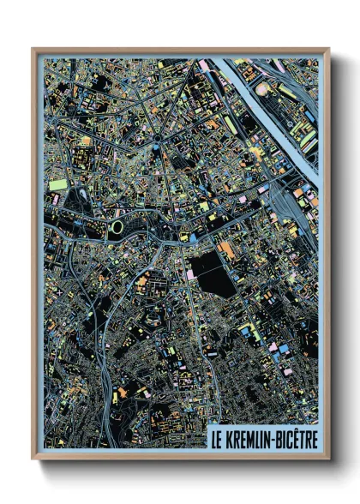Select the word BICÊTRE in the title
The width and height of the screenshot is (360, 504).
(x=297, y=438)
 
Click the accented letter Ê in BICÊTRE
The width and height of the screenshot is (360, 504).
(x=297, y=437)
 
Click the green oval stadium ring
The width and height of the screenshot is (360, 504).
(x=117, y=227)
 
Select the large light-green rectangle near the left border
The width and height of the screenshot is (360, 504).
(x=57, y=184)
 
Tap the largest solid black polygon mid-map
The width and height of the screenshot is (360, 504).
(x=213, y=273)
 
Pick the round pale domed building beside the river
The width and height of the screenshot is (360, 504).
(x=261, y=87)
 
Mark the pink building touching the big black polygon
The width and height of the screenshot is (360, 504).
(x=189, y=274)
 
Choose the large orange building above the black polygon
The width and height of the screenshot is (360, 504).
(x=227, y=250)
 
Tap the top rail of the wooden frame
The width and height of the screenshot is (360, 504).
(x=180, y=51)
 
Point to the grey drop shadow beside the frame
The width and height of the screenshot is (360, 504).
(x=336, y=257)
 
